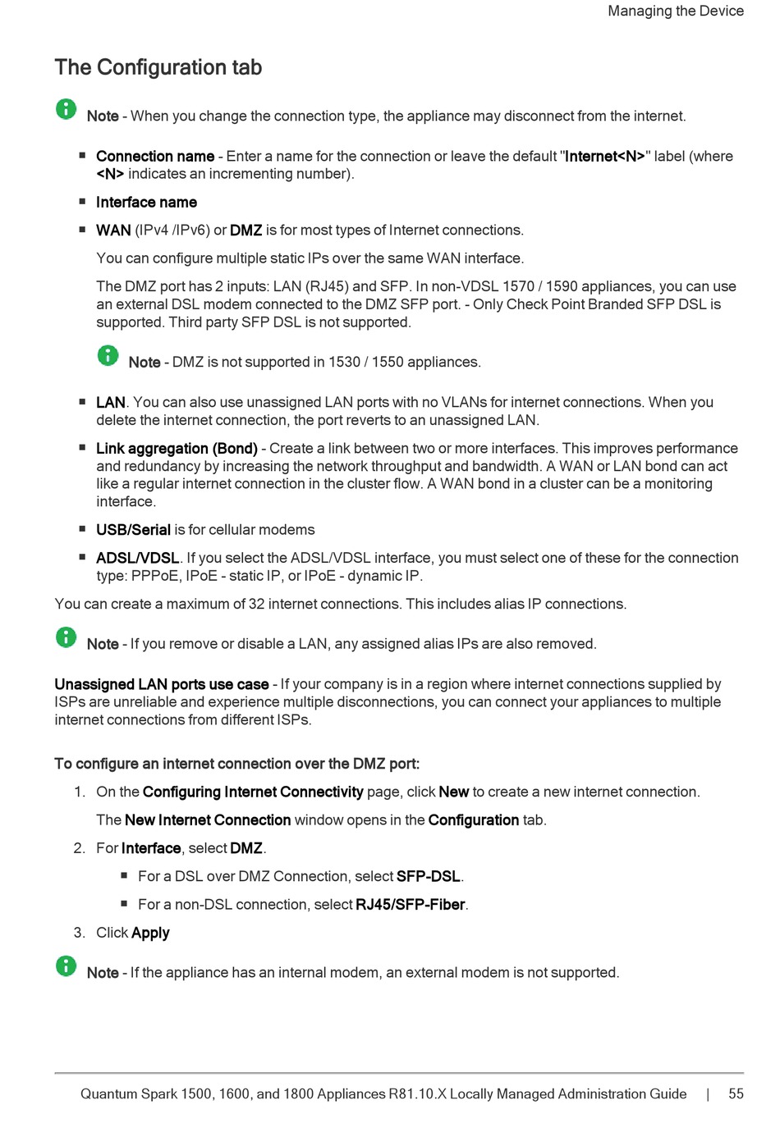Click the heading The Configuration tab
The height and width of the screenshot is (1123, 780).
(158, 67)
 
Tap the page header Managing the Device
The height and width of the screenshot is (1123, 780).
(675, 11)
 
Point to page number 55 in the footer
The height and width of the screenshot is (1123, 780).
(736, 1093)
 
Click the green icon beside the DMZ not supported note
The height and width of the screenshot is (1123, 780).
(108, 355)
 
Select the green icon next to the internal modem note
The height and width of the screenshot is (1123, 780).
(67, 966)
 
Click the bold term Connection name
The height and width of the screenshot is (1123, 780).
(154, 156)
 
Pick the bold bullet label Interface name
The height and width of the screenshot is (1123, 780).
(146, 202)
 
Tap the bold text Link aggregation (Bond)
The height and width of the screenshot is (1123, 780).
(177, 448)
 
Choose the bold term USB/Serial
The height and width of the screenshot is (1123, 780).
(133, 530)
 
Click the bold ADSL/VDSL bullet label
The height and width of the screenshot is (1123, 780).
(137, 558)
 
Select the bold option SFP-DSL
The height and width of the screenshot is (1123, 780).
(428, 876)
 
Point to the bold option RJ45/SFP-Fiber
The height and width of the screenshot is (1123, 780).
(411, 904)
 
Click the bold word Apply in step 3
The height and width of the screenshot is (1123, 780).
(150, 933)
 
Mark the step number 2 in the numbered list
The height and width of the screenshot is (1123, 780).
(79, 848)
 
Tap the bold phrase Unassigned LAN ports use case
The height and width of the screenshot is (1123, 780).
(162, 684)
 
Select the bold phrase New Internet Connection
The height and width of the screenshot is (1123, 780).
(208, 819)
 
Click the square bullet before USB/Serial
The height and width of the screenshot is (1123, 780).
(82, 529)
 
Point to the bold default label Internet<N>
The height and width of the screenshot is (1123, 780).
(604, 156)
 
